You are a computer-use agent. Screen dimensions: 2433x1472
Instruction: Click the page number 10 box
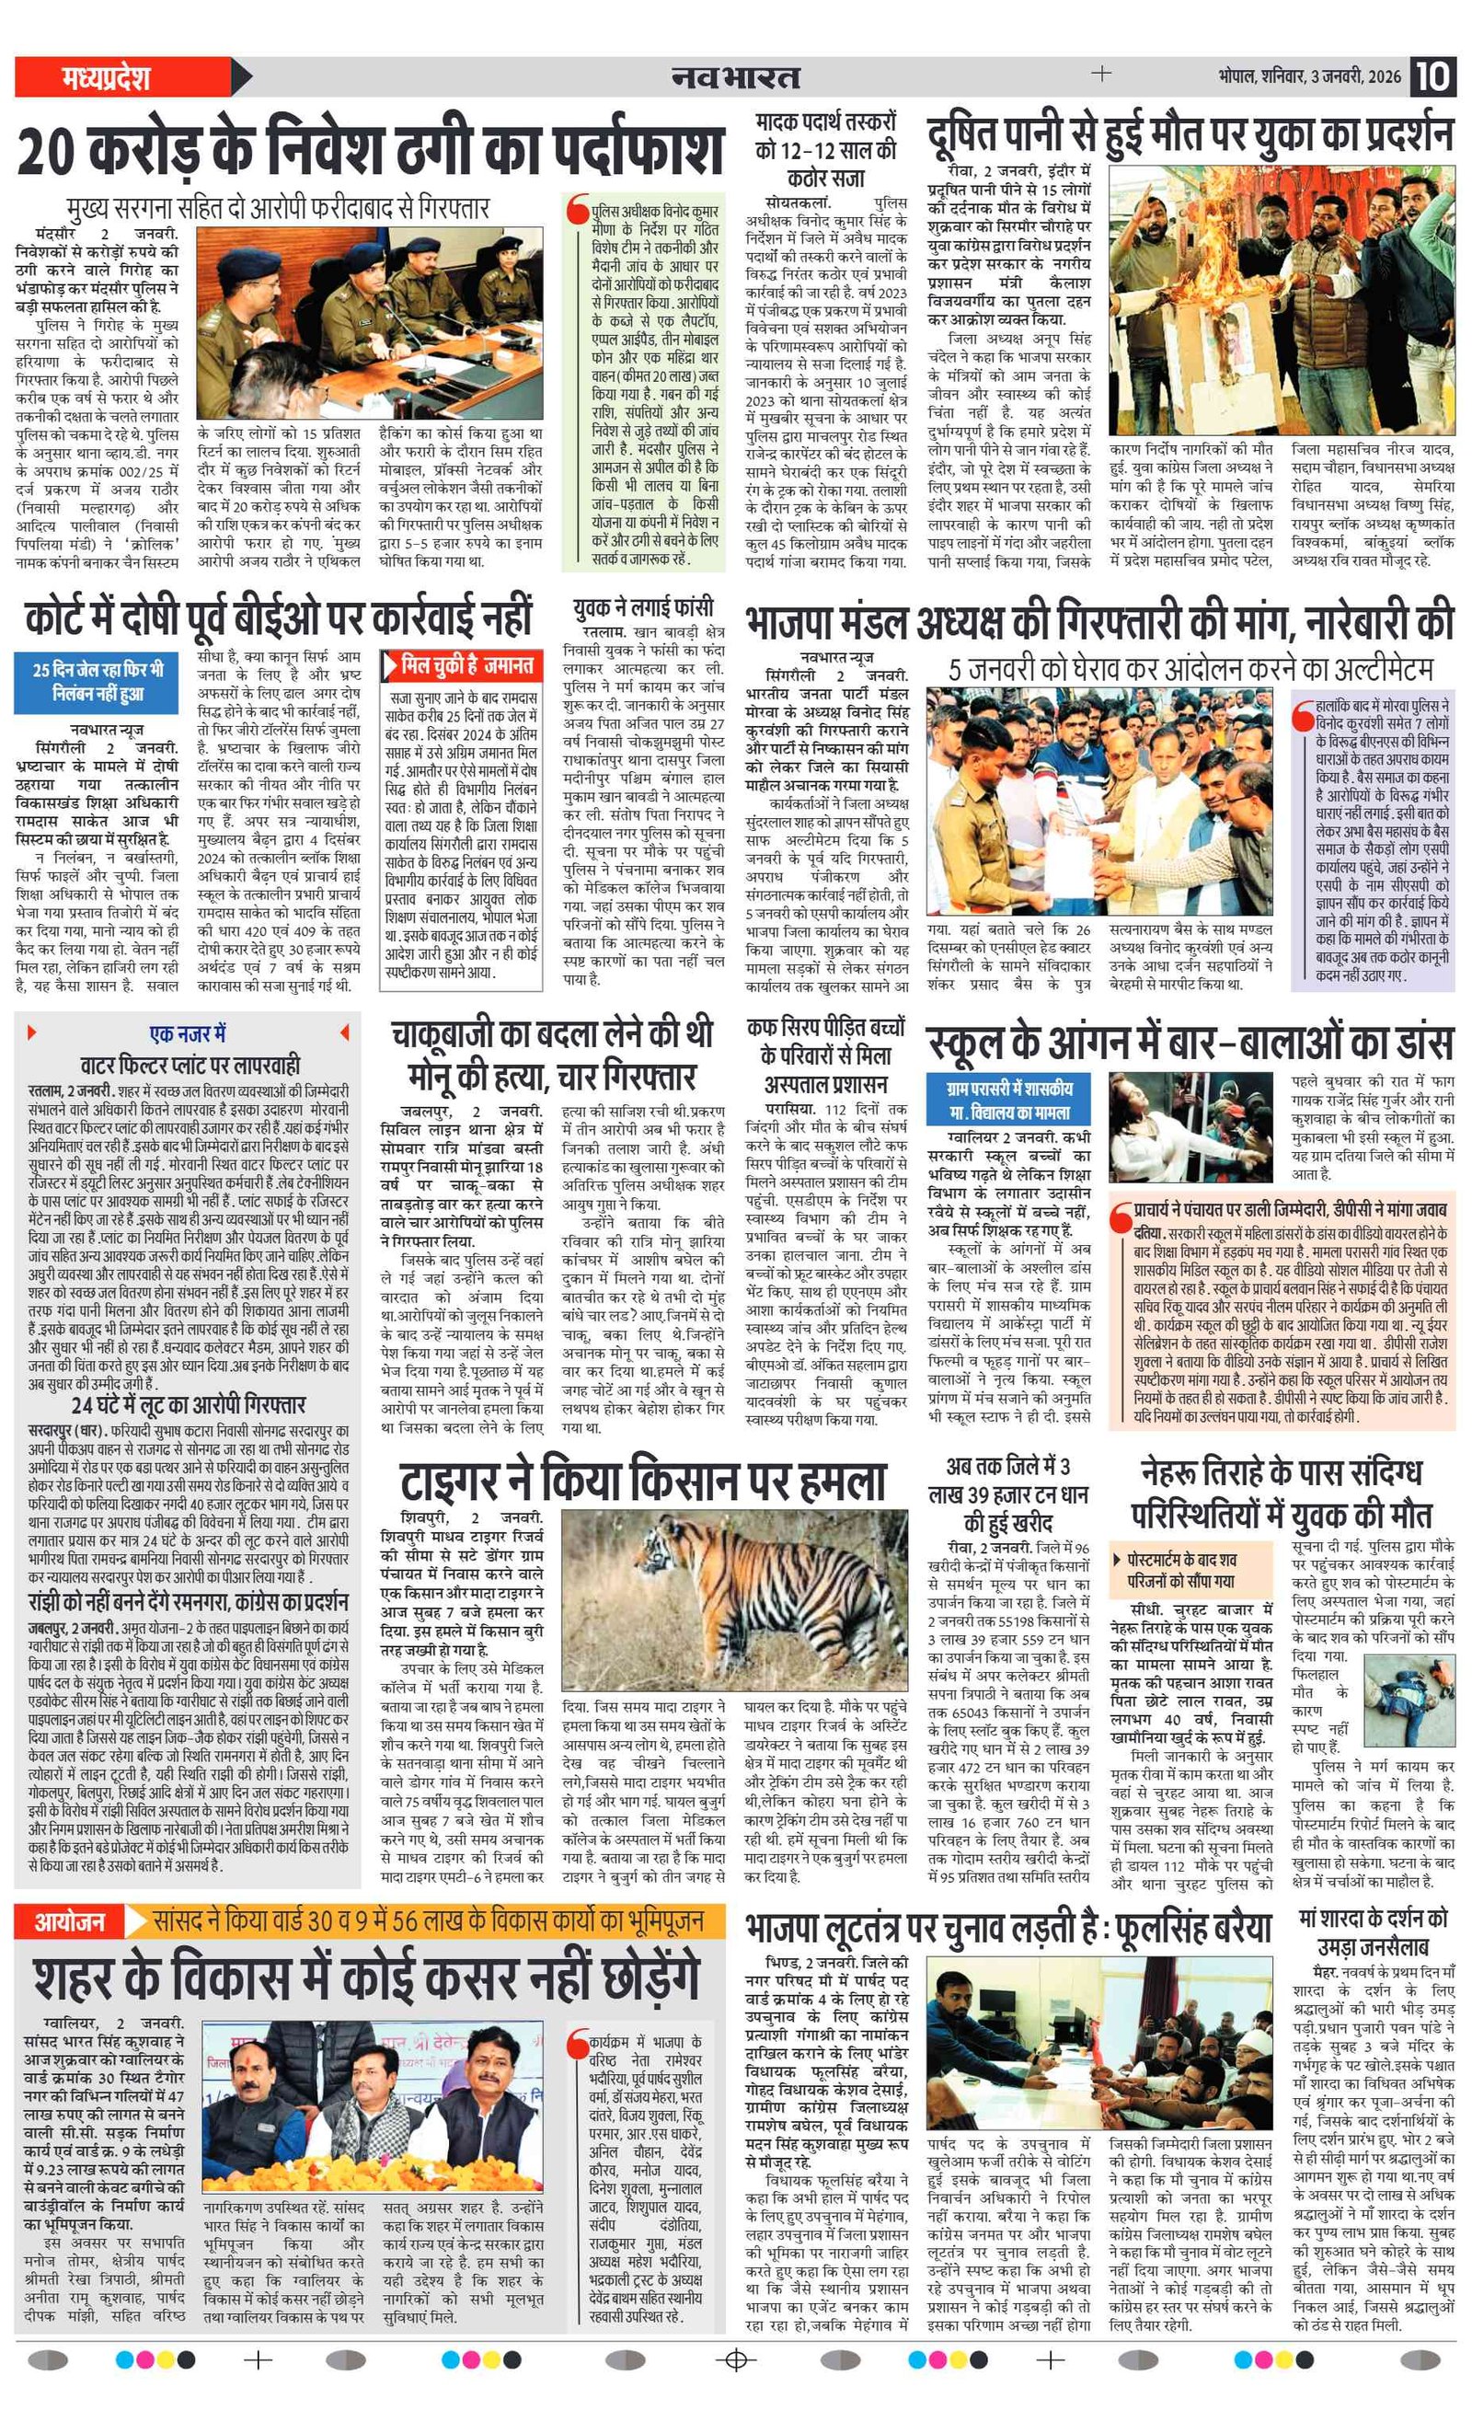coord(1433,77)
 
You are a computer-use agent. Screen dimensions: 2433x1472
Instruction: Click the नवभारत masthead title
coord(735,77)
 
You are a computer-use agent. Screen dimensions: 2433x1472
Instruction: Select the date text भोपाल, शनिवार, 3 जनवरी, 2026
coord(1309,77)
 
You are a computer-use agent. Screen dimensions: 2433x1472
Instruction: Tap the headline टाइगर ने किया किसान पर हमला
coord(643,1482)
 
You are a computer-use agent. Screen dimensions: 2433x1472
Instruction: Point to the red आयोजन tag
coord(69,1920)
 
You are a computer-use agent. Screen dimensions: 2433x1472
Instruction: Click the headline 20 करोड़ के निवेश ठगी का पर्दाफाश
coord(371,152)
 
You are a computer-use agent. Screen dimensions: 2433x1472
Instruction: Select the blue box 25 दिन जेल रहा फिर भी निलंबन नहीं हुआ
coord(96,681)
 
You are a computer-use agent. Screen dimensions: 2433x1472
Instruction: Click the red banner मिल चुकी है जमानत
coord(462,666)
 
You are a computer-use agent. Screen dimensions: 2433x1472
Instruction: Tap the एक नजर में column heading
coord(188,1033)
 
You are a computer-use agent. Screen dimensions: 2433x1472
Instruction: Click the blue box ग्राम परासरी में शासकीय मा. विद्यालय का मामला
coord(1009,1100)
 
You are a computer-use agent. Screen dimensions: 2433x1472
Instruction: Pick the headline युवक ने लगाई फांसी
coord(643,607)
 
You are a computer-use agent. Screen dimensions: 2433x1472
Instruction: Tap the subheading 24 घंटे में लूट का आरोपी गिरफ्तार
coord(188,1404)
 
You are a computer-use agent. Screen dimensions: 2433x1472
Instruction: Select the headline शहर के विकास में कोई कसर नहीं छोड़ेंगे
coord(366,1978)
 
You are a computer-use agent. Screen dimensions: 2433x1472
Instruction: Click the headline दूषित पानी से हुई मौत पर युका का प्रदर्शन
coord(1190,135)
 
